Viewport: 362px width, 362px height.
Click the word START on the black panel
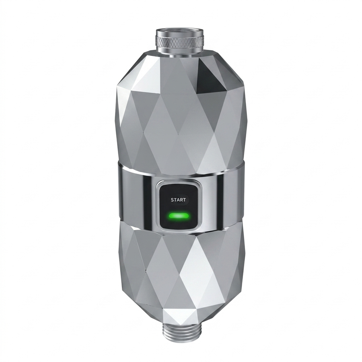[178, 200]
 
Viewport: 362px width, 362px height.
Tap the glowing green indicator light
[179, 216]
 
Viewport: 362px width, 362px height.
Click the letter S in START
[172, 200]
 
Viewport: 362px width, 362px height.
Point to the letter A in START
[178, 200]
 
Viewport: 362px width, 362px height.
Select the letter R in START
[181, 200]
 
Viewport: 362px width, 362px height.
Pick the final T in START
[184, 200]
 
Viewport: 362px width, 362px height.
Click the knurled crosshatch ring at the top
[180, 41]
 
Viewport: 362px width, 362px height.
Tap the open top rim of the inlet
[180, 31]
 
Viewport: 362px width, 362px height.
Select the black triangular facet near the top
[211, 74]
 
